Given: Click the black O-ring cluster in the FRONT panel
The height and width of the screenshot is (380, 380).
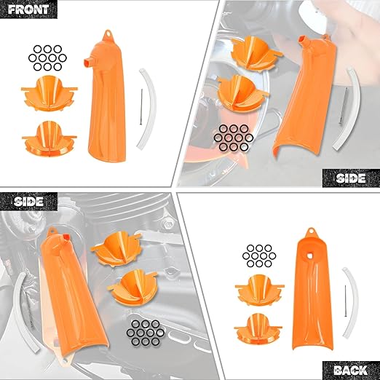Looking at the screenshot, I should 47,56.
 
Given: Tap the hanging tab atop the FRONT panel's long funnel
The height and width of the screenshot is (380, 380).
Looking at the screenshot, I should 107,33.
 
